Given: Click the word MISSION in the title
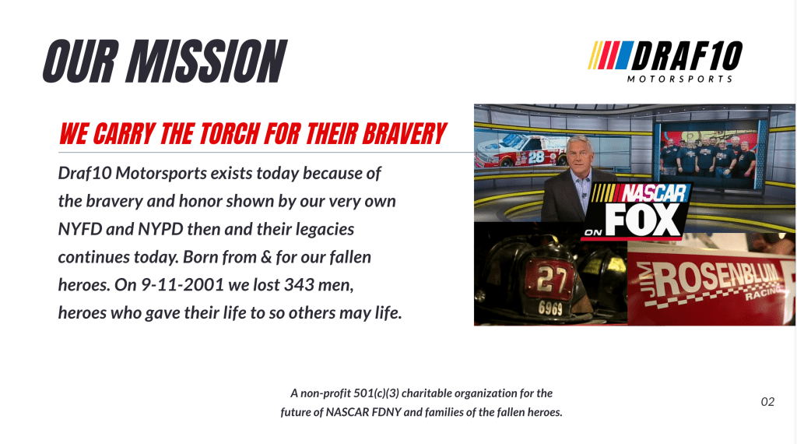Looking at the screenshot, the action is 206,62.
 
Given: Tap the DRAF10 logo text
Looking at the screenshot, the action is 686,55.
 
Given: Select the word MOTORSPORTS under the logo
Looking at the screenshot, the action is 679,79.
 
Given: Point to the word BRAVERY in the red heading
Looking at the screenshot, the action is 404,134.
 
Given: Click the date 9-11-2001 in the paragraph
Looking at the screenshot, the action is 182,285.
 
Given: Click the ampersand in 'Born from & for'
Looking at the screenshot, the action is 266,257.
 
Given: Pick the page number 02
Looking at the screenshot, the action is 767,402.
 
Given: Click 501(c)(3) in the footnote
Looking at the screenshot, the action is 376,393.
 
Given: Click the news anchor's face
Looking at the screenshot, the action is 578,156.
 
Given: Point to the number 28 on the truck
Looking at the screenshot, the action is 535,157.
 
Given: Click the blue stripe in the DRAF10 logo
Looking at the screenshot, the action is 625,55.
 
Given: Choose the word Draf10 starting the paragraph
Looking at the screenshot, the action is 84,173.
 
